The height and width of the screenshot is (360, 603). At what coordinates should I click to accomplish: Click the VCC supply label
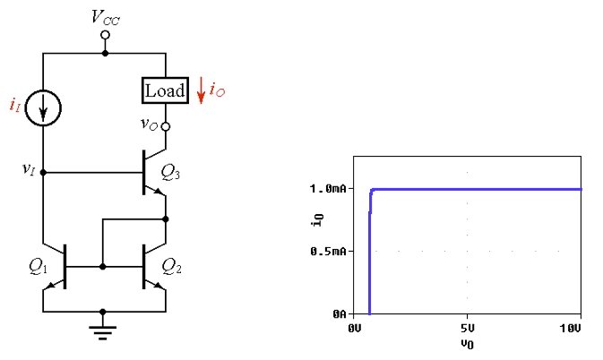[106, 16]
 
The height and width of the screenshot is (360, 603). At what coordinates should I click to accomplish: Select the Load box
[165, 90]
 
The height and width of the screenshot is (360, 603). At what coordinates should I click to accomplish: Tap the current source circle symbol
[43, 107]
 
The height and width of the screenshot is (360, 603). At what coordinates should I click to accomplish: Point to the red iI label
[14, 107]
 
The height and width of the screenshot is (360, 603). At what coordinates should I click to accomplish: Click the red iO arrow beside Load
[202, 90]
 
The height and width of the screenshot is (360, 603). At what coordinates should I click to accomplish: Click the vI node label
[29, 167]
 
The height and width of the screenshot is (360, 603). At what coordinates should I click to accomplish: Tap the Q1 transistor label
[39, 266]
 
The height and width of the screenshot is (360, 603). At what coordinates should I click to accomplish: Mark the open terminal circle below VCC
[105, 36]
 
